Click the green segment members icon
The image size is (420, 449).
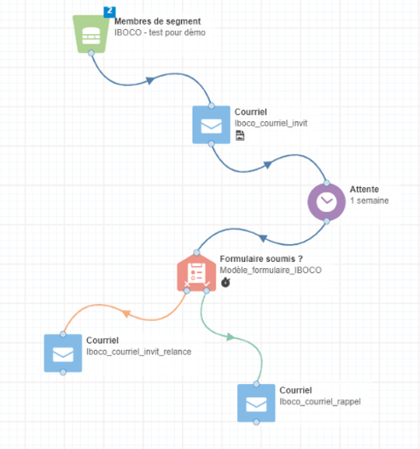pyautogui.click(x=91, y=34)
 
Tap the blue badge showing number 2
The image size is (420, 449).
pyautogui.click(x=109, y=12)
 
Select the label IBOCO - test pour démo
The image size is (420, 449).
pyautogui.click(x=160, y=32)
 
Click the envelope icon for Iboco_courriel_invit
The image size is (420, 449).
pyautogui.click(x=212, y=125)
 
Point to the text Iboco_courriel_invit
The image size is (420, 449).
pyautogui.click(x=271, y=123)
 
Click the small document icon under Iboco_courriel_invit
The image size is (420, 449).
pyautogui.click(x=240, y=136)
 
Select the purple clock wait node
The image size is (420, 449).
pyautogui.click(x=326, y=201)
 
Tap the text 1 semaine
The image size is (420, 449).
pyautogui.click(x=370, y=201)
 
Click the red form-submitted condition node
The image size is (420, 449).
pyautogui.click(x=196, y=272)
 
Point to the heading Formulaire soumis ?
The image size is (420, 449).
pyautogui.click(x=261, y=259)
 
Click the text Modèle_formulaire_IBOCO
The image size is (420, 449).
pyautogui.click(x=271, y=270)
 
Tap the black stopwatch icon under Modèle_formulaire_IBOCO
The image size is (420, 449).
pyautogui.click(x=225, y=282)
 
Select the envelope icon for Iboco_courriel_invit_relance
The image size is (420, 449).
pyautogui.click(x=63, y=353)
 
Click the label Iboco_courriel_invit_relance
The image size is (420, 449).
pyautogui.click(x=139, y=352)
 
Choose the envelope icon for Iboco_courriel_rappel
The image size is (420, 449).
pyautogui.click(x=256, y=403)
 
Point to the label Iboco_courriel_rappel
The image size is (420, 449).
pyautogui.click(x=320, y=402)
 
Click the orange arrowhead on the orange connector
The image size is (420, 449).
pyautogui.click(x=126, y=313)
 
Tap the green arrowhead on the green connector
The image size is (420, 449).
pyautogui.click(x=230, y=336)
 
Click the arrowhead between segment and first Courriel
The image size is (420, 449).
pyautogui.click(x=150, y=80)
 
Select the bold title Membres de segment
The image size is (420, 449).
pyautogui.click(x=157, y=21)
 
